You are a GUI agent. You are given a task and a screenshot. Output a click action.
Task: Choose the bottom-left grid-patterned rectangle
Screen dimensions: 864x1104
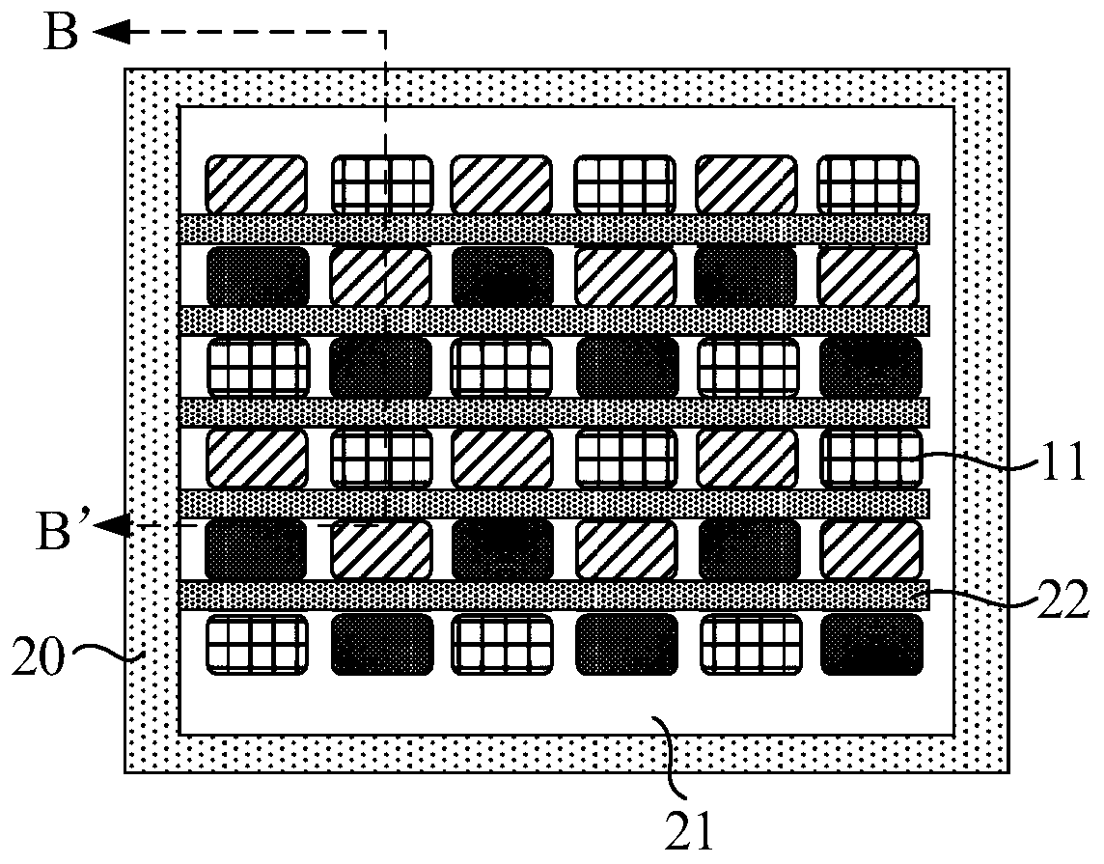tap(258, 644)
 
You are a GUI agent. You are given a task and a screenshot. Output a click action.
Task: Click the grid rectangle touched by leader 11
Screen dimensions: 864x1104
tap(871, 459)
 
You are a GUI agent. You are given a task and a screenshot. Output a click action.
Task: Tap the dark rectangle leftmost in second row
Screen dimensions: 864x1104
tap(259, 276)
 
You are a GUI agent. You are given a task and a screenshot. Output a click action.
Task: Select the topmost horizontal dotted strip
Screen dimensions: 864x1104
tap(554, 229)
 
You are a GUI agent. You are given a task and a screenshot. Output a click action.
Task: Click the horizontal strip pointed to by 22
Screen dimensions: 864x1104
tap(554, 596)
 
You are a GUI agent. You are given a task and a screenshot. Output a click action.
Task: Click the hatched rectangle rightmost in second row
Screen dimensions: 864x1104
tap(869, 276)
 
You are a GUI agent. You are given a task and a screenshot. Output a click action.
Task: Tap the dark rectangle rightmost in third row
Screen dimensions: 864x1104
tap(870, 367)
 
